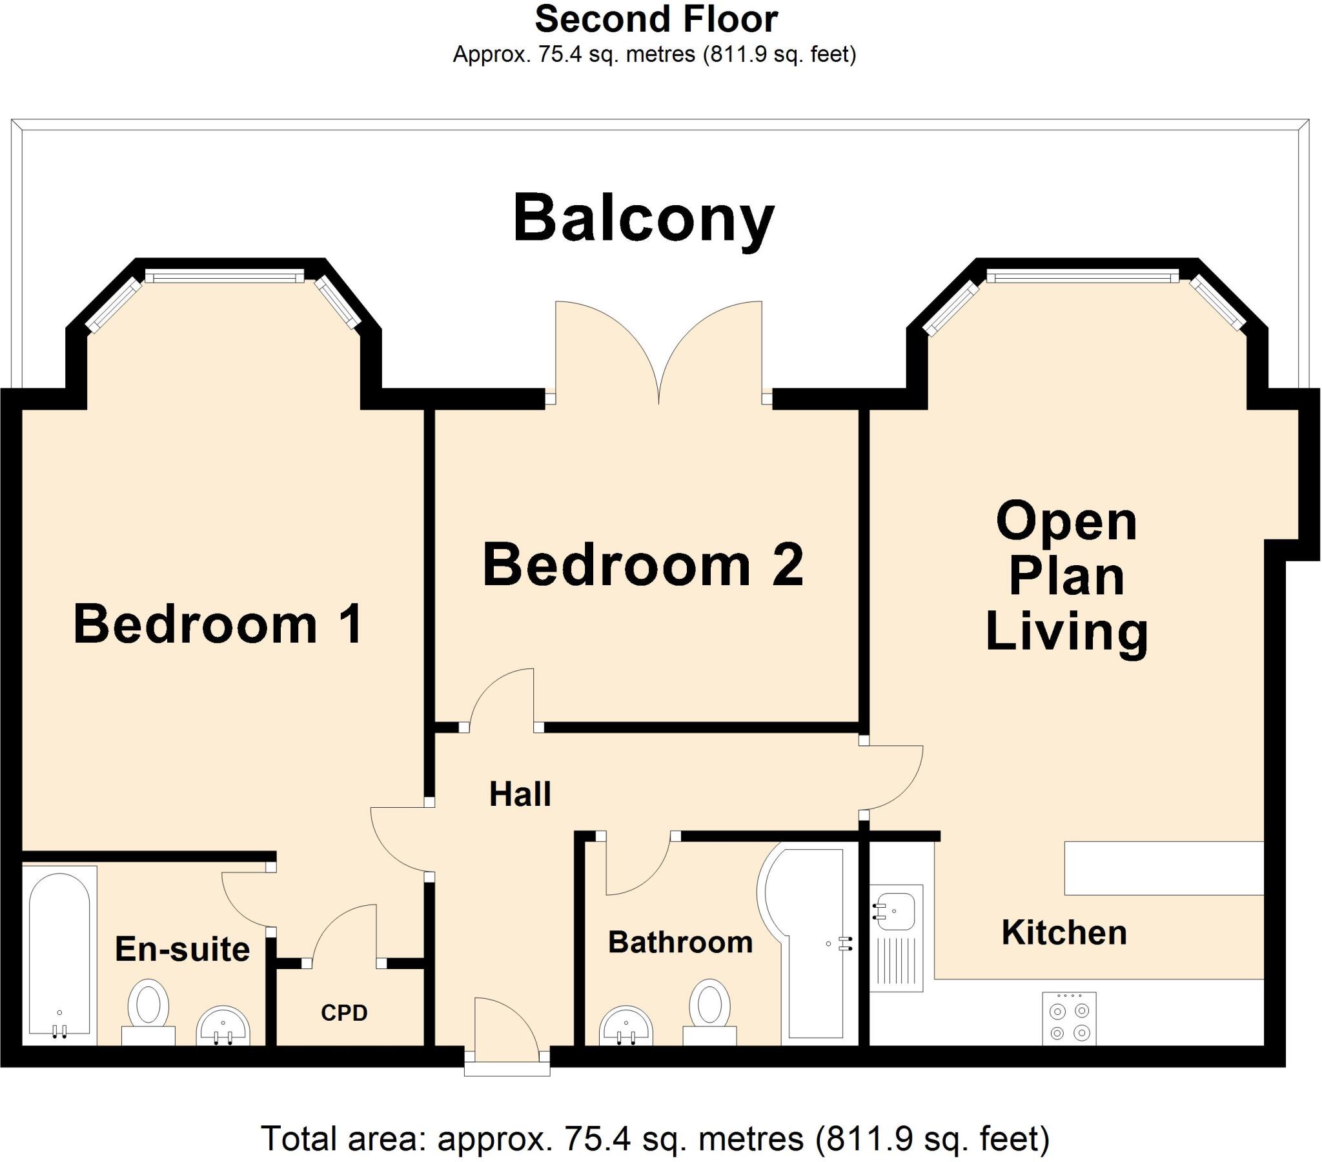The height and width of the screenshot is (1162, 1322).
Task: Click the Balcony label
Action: pyautogui.click(x=644, y=220)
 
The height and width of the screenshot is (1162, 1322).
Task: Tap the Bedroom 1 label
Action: pyautogui.click(x=218, y=624)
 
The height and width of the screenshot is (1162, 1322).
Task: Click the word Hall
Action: pyautogui.click(x=520, y=794)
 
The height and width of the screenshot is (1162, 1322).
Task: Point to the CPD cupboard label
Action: pyautogui.click(x=344, y=1012)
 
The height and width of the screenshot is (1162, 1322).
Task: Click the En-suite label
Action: pyautogui.click(x=183, y=949)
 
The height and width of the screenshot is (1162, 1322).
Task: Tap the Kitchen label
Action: pyautogui.click(x=1064, y=933)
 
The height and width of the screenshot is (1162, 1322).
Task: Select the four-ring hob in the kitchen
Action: pyautogui.click(x=1069, y=1019)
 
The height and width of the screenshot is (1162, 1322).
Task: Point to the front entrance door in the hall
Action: pyautogui.click(x=507, y=1028)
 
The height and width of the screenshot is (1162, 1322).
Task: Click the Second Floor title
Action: pyautogui.click(x=656, y=19)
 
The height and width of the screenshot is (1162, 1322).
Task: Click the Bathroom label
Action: pyautogui.click(x=680, y=943)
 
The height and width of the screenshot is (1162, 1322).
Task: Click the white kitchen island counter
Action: pyautogui.click(x=1164, y=868)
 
